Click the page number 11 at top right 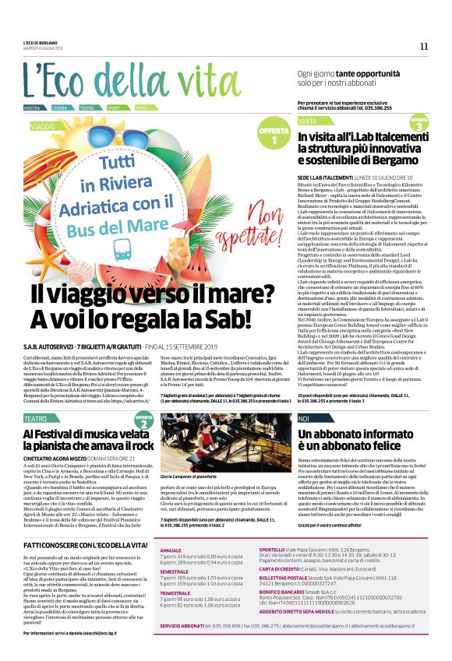click(424, 46)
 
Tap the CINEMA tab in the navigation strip click(59, 107)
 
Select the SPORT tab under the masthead click(114, 107)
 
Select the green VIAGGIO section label click(44, 125)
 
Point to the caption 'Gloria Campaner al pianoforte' click(191, 476)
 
